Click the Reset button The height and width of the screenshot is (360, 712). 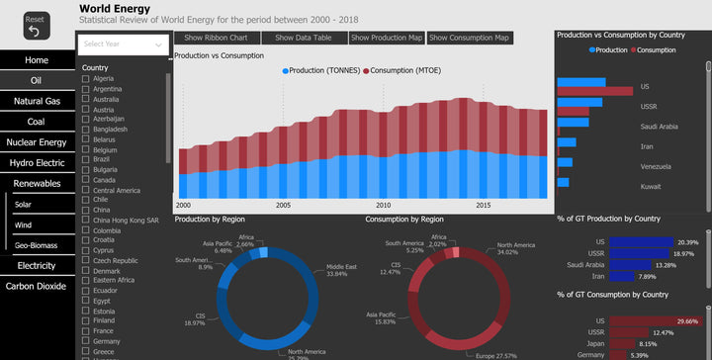35,25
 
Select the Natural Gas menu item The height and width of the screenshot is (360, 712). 37,101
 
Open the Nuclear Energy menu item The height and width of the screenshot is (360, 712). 37,142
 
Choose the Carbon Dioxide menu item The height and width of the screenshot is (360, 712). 37,286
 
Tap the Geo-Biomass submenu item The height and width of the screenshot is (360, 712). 37,245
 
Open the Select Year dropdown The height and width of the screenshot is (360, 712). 124,45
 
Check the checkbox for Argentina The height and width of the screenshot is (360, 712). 86,90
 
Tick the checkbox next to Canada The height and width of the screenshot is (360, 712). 86,180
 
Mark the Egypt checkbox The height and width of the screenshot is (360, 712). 86,300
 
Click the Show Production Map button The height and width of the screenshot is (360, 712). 387,38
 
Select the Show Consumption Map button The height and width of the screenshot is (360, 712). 470,38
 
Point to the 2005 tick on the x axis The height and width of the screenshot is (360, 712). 283,206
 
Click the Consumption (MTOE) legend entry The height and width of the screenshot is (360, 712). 411,71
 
